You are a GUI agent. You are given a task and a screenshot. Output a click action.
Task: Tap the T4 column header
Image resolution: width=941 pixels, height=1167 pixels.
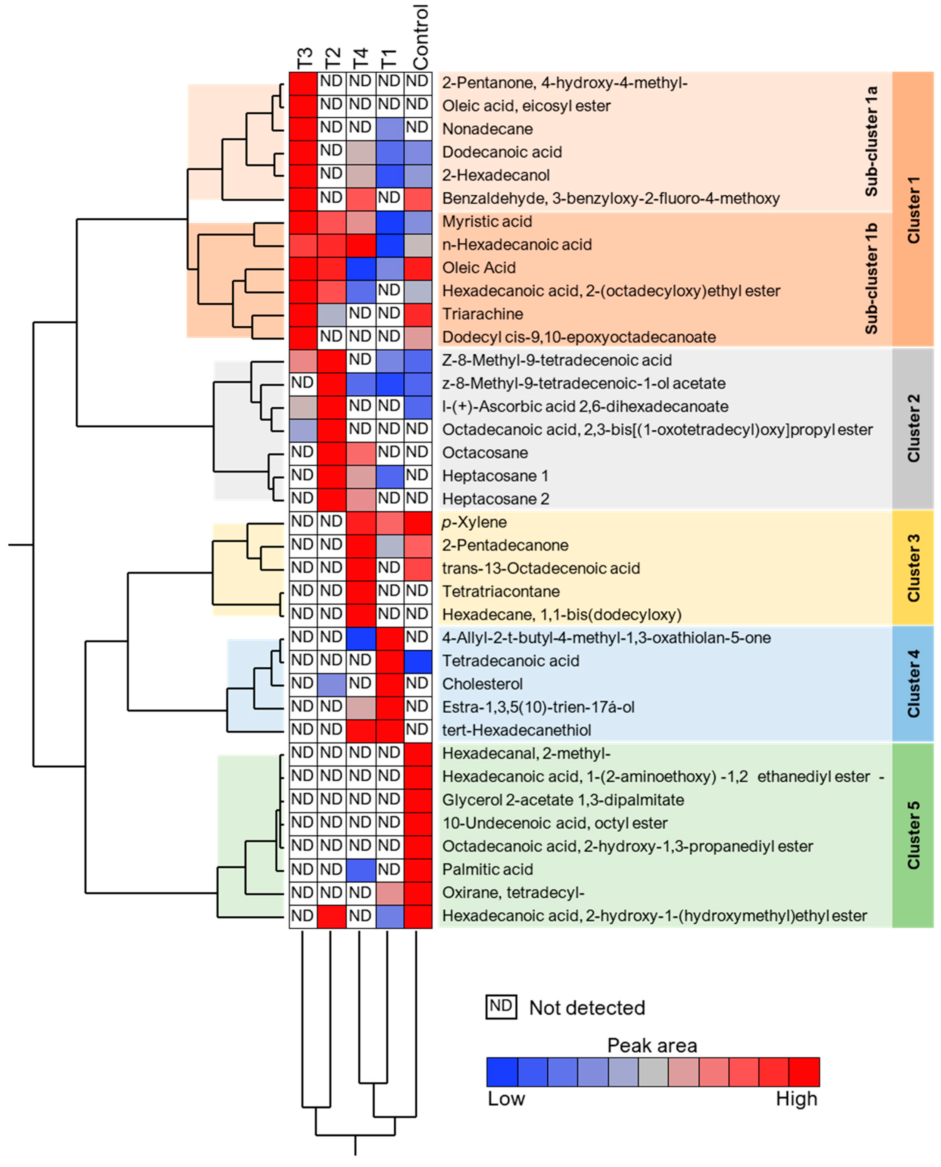(x=360, y=59)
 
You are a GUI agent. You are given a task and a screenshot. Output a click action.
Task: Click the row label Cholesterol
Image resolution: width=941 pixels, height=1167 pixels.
(x=482, y=683)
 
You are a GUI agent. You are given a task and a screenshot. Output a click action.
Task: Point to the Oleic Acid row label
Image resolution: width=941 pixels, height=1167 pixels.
(x=479, y=268)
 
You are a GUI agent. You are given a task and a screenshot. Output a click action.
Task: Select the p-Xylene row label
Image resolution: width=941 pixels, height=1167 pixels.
(x=474, y=522)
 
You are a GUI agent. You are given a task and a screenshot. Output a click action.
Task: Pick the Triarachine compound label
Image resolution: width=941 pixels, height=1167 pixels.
(x=482, y=314)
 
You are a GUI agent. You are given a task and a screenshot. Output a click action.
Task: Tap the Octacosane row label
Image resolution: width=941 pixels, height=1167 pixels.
(x=484, y=453)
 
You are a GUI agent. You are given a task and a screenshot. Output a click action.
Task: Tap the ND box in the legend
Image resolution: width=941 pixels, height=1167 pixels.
(x=500, y=1007)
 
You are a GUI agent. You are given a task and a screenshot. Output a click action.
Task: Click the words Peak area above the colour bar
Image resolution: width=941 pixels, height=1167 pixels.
(x=652, y=1046)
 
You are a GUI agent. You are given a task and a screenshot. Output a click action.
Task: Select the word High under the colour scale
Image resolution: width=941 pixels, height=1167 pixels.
(x=796, y=1099)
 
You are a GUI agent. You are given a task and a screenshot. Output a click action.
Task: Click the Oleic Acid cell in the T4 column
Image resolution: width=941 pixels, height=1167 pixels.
(x=360, y=268)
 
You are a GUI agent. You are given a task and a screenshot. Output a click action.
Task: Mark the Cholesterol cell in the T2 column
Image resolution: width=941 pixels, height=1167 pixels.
(x=331, y=683)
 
